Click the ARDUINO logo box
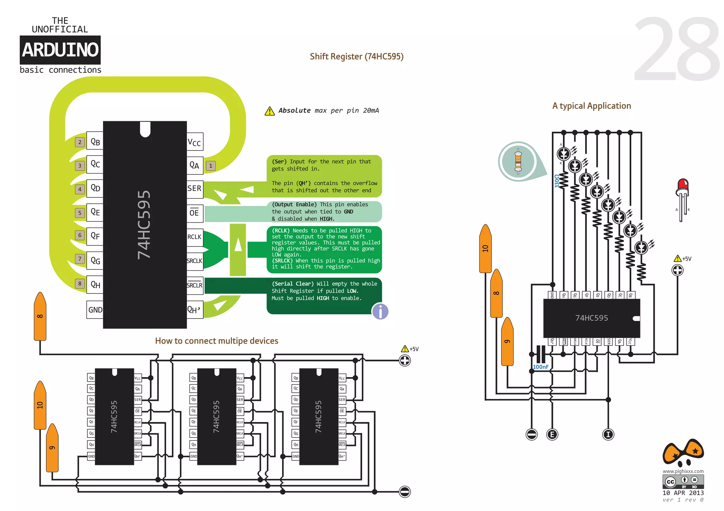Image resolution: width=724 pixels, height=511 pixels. point(60,50)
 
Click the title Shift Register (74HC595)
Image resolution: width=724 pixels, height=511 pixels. point(356,57)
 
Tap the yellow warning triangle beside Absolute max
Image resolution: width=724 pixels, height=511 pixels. point(269,111)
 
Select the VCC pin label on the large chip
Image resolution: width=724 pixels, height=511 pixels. point(194,142)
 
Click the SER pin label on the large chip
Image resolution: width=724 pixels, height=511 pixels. point(194,189)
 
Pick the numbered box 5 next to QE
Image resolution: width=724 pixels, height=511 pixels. point(80,213)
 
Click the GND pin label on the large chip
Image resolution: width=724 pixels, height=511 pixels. point(95,310)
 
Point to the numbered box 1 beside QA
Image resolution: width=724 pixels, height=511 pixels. point(211,166)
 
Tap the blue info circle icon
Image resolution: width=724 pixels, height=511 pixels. point(380,311)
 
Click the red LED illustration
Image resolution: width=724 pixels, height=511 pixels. point(683,198)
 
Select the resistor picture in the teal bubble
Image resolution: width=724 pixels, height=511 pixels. point(518,161)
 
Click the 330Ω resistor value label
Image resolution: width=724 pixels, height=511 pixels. point(557,181)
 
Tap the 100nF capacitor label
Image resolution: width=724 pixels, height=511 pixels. point(541,367)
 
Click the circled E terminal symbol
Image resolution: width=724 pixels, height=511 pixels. point(552,434)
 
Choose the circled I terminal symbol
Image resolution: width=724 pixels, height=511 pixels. point(608,434)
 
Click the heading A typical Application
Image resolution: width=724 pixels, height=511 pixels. point(591,106)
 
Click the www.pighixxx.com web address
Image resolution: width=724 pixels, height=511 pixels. point(683,471)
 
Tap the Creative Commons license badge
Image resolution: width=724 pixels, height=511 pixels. point(683,482)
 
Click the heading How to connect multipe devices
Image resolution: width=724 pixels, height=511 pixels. point(216,341)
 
